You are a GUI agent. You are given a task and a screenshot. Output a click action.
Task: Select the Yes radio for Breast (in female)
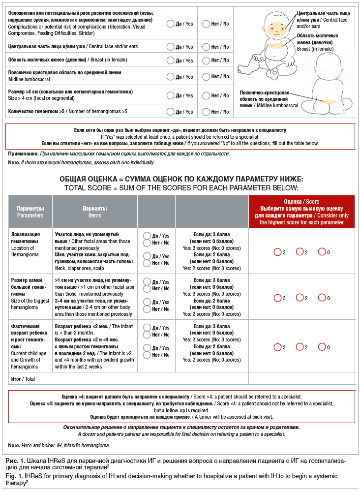170,61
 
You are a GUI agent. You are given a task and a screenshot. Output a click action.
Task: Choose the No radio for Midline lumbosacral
206,77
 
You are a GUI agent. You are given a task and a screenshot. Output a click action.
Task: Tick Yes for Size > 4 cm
170,95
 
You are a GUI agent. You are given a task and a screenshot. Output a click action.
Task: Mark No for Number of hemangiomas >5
206,112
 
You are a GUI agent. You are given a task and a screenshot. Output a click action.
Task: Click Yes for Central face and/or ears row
170,47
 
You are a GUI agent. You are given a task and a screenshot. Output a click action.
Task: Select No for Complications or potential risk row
206,24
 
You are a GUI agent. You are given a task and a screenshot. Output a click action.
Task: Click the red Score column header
301,212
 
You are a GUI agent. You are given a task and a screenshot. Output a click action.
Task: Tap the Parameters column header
30,212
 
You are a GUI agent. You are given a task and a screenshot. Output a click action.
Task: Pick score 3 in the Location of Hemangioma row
277,252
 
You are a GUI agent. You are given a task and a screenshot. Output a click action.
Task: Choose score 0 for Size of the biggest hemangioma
322,298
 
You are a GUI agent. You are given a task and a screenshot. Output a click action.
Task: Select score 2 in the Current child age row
299,347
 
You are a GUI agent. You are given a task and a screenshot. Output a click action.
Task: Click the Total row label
23,379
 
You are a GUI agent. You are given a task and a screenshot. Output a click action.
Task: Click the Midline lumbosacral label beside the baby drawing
269,99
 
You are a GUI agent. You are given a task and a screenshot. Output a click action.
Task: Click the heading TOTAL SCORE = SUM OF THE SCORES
181,188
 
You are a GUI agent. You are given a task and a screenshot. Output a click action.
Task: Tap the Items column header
95,212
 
